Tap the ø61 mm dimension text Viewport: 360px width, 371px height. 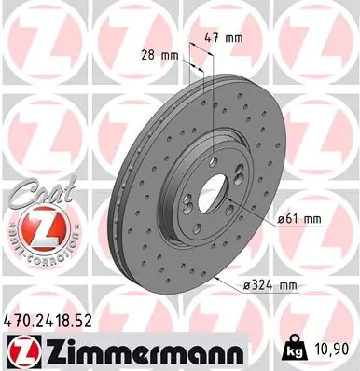299,219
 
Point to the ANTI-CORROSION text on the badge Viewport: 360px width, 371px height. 33,254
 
